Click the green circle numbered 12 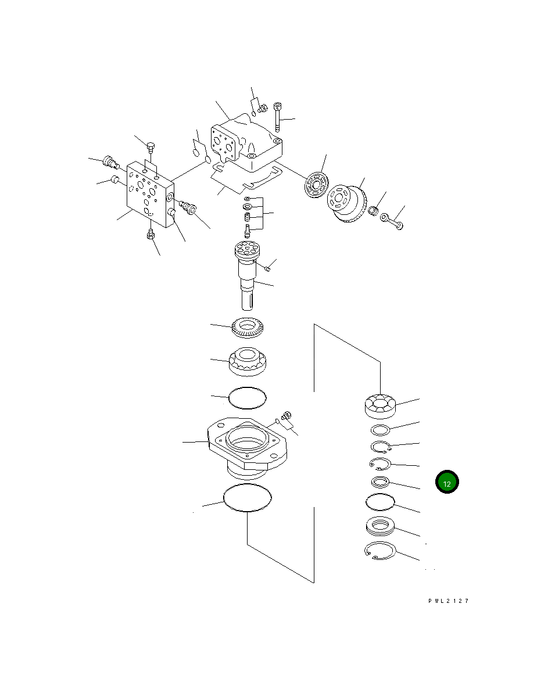[447, 482]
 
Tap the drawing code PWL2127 [449, 601]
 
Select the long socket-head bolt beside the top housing [277, 117]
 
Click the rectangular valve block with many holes [150, 194]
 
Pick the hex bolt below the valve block [151, 235]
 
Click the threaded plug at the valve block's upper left [111, 162]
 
